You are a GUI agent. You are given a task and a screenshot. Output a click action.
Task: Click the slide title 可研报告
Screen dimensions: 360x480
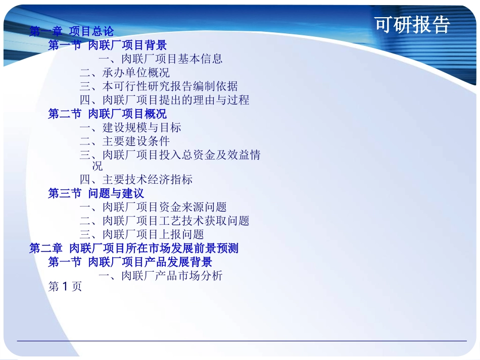[x=412, y=24]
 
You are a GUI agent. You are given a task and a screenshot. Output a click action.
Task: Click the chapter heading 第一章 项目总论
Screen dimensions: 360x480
[x=71, y=32]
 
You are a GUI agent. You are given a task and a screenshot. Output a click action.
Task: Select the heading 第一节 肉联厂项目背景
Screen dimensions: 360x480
[x=107, y=45]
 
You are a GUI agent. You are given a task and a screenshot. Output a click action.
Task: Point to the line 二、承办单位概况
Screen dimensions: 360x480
[x=124, y=73]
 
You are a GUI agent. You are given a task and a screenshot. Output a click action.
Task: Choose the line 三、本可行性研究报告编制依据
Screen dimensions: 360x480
[x=158, y=86]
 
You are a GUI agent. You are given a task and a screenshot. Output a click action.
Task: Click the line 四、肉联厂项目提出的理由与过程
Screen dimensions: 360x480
[x=164, y=100]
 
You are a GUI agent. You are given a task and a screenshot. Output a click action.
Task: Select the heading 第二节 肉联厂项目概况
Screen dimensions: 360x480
[x=107, y=114]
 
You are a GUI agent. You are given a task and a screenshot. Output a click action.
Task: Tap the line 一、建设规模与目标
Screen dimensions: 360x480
[x=130, y=127]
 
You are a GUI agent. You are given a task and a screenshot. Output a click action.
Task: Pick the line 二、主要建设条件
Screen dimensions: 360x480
[x=124, y=141]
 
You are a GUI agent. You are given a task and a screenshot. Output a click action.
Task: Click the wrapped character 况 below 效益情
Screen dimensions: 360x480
[x=97, y=166]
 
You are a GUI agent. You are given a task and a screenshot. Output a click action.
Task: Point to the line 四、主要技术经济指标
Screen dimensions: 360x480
[x=135, y=179]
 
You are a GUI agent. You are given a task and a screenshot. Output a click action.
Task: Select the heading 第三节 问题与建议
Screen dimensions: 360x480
[x=96, y=193]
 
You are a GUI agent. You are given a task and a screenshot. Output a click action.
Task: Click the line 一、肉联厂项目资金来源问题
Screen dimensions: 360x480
[x=153, y=207]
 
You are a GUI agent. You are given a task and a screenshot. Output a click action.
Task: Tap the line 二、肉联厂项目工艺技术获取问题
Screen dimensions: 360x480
[x=164, y=221]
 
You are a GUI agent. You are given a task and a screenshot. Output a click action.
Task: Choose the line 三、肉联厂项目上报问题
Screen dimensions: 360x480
[x=141, y=234]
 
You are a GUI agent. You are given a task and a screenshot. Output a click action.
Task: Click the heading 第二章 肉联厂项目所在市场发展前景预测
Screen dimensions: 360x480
[x=134, y=248]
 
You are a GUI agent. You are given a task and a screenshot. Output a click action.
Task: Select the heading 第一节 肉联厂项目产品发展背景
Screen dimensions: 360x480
[x=130, y=262]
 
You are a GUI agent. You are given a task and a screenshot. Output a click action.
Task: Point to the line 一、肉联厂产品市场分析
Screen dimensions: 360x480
[x=160, y=276]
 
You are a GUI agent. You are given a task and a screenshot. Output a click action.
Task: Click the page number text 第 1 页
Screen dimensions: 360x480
[x=65, y=287]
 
